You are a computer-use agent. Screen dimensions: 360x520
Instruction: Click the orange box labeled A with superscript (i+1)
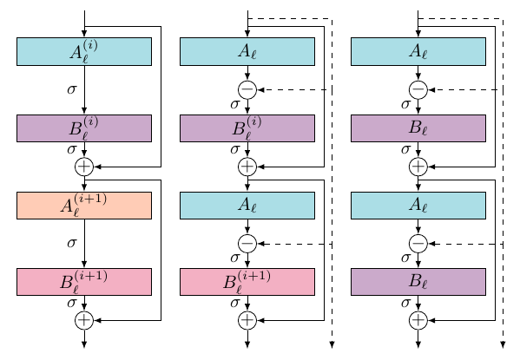[84, 206]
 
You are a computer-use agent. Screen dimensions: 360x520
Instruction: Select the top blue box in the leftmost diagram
[84, 52]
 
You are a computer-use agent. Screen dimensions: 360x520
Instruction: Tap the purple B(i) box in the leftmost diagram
[84, 128]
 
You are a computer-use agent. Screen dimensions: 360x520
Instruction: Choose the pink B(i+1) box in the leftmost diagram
[84, 282]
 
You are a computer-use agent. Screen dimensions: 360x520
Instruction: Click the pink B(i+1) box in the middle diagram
[247, 282]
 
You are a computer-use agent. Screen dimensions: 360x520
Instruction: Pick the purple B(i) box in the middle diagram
[247, 128]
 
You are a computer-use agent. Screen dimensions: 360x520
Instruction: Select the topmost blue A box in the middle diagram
[247, 52]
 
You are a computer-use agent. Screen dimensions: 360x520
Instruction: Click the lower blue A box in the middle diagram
[247, 206]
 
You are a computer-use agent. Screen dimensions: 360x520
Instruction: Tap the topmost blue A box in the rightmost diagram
[418, 52]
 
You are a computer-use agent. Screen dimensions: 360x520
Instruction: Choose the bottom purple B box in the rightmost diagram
[418, 282]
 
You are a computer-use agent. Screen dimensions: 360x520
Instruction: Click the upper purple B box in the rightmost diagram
[418, 128]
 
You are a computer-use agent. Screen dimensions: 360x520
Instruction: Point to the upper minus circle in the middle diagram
[247, 89]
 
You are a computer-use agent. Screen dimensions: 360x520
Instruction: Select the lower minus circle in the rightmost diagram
[418, 244]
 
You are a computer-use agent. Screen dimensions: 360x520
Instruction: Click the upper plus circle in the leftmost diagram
[84, 167]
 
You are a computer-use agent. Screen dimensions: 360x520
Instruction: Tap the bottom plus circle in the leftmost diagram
[84, 320]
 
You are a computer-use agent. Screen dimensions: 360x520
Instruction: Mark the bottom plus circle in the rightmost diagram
[418, 320]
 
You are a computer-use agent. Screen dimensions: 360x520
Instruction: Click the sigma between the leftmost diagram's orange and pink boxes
[73, 243]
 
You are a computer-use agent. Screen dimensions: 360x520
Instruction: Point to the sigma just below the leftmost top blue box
[73, 88]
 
